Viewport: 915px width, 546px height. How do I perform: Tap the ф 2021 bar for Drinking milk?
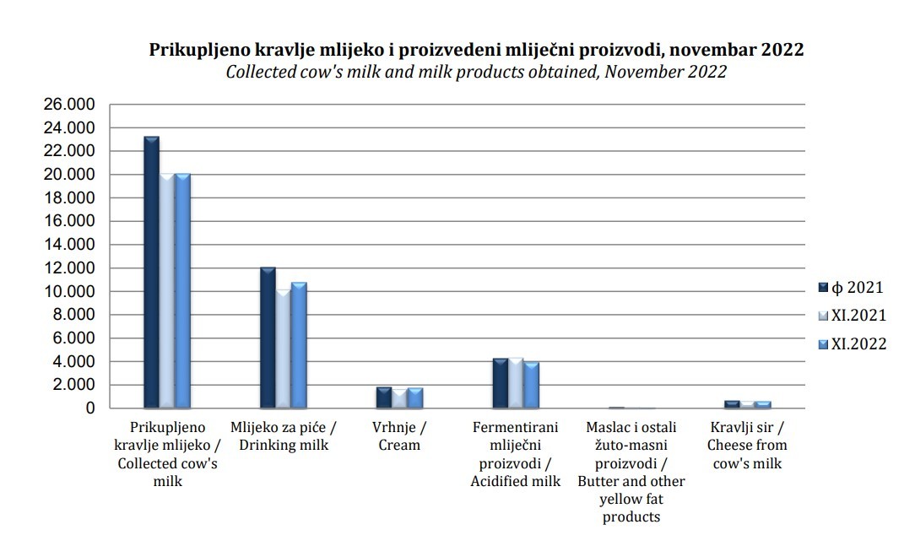268,338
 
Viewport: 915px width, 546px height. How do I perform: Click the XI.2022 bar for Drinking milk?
298,345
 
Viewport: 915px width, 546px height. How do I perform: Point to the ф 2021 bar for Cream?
383,397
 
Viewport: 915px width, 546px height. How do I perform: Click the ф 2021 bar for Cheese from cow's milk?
732,404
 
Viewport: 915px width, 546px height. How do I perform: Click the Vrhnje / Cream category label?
399,436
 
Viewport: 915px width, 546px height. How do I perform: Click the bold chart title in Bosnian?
476,49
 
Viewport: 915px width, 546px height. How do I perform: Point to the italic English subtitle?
476,72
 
